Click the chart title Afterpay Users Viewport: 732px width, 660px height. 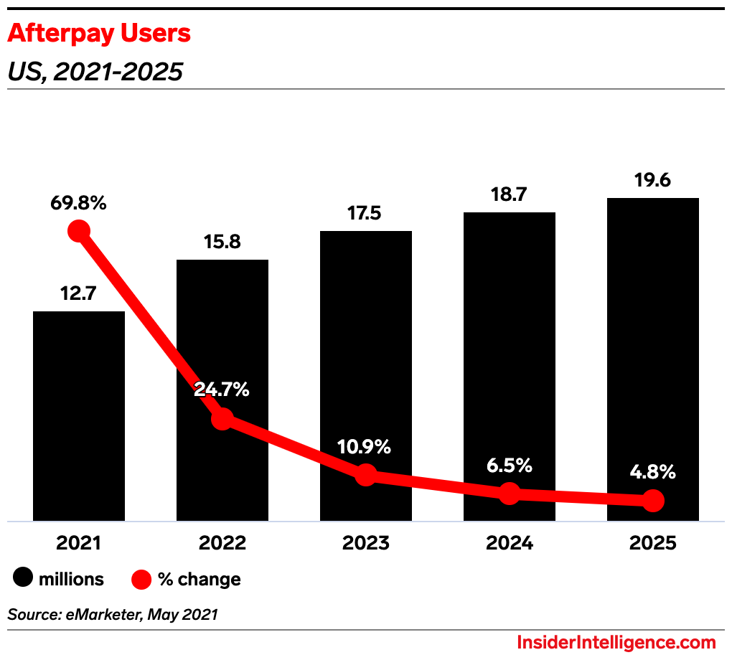click(99, 33)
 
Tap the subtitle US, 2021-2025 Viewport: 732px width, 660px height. click(95, 72)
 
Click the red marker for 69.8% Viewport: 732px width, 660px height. click(79, 231)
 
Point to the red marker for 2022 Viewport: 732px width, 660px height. click(222, 419)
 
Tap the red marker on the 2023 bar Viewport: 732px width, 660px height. click(366, 474)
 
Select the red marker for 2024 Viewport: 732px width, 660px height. click(509, 493)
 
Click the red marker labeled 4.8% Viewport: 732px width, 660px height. click(652, 500)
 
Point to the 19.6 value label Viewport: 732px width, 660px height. click(652, 180)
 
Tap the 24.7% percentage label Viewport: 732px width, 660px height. click(222, 390)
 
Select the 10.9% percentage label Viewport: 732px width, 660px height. click(366, 447)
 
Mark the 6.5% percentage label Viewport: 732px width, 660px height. click(509, 466)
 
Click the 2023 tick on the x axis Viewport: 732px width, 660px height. click(366, 543)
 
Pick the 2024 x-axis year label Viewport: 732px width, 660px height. click(509, 543)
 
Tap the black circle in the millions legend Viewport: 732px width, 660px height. click(23, 579)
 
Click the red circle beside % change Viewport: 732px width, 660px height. click(141, 579)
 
